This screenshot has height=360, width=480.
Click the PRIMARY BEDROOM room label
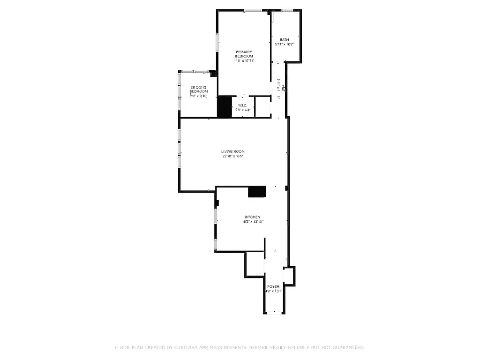point(244,53)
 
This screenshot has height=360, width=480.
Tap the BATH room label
point(285,40)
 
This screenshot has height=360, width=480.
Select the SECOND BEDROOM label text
point(199,89)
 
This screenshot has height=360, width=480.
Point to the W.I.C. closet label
point(242,105)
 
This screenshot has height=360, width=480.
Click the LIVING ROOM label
point(233,151)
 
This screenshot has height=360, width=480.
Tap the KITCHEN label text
point(253,217)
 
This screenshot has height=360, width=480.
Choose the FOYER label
point(273,286)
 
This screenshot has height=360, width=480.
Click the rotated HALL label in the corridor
point(283,87)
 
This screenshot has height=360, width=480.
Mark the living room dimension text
point(233,156)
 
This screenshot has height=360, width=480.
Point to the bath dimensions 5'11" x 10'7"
point(285,45)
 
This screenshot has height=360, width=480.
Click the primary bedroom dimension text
point(244,60)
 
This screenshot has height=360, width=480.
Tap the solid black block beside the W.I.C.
point(225,107)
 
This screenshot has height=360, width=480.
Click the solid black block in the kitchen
point(257,192)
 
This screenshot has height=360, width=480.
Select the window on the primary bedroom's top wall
point(253,10)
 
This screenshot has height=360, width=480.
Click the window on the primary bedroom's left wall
point(217,42)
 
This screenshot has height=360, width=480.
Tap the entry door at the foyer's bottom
point(274,313)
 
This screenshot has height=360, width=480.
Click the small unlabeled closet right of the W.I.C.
point(262,107)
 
